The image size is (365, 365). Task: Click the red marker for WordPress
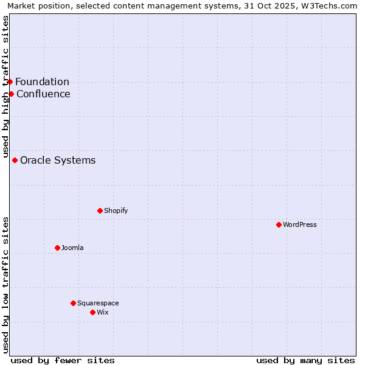pos(279,224)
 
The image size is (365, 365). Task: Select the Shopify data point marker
pos(100,210)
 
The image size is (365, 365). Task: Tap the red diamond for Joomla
pos(57,248)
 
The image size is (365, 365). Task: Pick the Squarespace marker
pos(73,303)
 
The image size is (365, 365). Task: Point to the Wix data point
pos(92,312)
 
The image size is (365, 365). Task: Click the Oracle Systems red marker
pos(15,160)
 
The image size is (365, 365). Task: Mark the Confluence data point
pos(11,94)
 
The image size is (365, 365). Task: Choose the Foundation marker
pos(10,82)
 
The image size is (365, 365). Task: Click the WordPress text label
pos(300,224)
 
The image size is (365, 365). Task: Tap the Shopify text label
pos(116,210)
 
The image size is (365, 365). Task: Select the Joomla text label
pos(72,248)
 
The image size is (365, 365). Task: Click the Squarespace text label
pos(98,303)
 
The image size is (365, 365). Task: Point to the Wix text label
pos(103,312)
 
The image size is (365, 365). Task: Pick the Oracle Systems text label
pos(58,160)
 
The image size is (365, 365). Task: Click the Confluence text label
pos(43,94)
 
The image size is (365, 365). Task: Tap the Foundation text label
pos(42,82)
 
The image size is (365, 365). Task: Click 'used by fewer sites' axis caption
pos(63,360)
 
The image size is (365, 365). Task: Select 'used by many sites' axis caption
pos(305,360)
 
